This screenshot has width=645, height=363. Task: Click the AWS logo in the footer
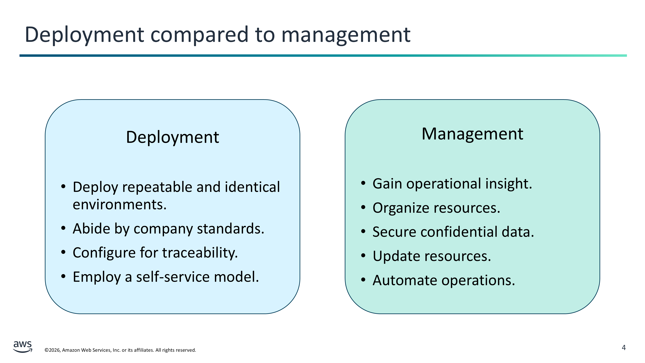[x=23, y=347]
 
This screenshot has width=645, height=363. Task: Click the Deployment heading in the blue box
[x=173, y=137]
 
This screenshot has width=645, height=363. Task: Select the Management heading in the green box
[x=472, y=134]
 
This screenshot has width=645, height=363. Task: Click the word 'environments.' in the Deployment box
[x=120, y=204]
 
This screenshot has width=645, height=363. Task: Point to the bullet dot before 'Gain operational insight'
[x=363, y=183]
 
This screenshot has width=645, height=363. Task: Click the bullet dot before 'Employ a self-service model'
[x=63, y=277]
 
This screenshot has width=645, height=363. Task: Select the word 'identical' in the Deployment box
[x=252, y=187]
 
